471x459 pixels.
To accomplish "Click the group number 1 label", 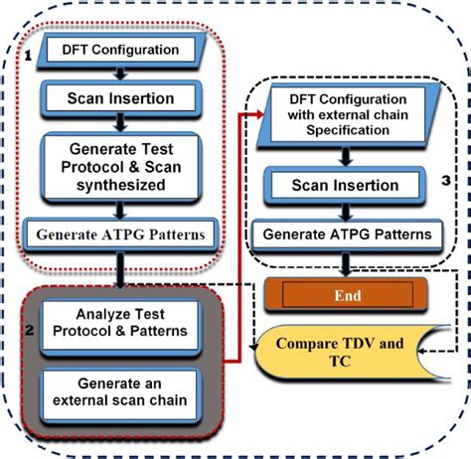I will (x=30, y=56).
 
